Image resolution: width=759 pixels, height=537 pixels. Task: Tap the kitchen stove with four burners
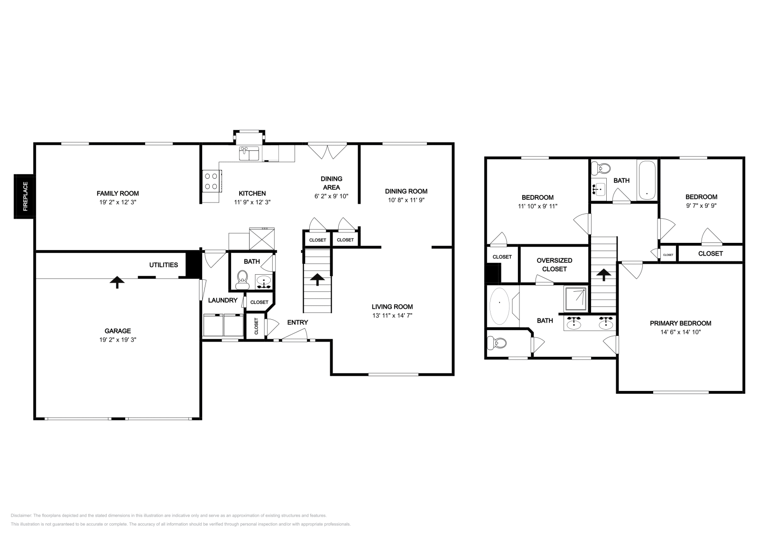point(211,181)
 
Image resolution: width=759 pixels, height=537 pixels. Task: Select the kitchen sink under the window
point(249,153)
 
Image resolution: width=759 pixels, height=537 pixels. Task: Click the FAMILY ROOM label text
point(118,194)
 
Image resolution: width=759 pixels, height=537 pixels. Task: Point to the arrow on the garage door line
point(117,282)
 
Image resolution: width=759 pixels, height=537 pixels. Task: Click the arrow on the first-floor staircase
point(316,279)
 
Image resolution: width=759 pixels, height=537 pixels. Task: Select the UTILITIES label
point(164,265)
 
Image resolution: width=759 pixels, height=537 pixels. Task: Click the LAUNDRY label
point(222,300)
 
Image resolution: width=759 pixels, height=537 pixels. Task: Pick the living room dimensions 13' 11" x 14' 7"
point(392,315)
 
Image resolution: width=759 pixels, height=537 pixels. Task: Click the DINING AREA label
point(331,183)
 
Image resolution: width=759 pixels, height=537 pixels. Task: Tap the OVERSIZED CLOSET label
point(554,265)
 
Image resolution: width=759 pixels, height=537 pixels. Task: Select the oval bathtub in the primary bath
point(499,306)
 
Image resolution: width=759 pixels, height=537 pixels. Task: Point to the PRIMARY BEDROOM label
point(680,324)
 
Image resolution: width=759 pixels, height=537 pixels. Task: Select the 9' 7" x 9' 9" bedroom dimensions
point(701,206)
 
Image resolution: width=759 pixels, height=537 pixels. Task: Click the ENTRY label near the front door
point(297,323)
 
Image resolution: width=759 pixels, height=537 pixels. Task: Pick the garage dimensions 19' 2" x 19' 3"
point(117,340)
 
